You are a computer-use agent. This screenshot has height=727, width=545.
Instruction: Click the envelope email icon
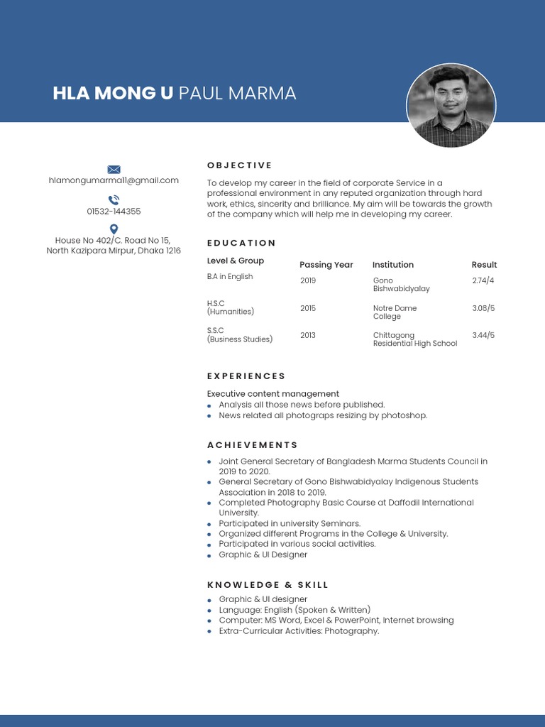pos(114,169)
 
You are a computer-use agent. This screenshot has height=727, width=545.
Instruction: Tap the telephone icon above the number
pos(114,200)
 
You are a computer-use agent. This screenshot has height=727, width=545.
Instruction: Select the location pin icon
pos(114,229)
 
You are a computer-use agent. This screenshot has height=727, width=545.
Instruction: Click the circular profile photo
pos(451,106)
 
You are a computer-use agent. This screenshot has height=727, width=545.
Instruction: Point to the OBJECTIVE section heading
pos(240,165)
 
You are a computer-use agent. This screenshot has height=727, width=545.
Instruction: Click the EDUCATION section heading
pos(241,243)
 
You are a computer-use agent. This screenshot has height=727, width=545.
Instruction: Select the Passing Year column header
pos(326,265)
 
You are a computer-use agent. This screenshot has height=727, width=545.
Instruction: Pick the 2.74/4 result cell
pos(483,280)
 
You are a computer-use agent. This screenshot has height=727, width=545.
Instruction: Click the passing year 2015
pos(308,308)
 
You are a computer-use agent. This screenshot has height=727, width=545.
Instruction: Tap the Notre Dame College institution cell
pos(395,312)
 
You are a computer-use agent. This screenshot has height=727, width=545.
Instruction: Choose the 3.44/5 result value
pos(483,335)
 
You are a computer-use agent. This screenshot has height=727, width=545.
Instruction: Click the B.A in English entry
pos(230,277)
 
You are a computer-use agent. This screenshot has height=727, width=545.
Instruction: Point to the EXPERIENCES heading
pos(246,376)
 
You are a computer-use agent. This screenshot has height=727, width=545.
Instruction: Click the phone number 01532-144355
pos(114,212)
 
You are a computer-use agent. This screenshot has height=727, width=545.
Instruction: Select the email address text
pos(114,180)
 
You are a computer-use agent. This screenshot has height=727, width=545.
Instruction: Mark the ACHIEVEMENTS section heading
pos(253,445)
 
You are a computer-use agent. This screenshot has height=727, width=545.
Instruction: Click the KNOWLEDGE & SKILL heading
pos(268,585)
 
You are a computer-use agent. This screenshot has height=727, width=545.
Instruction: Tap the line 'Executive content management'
pos(273,394)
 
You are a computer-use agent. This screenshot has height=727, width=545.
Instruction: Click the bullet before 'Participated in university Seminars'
pos(209,524)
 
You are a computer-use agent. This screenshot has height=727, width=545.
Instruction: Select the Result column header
pos(484,265)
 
